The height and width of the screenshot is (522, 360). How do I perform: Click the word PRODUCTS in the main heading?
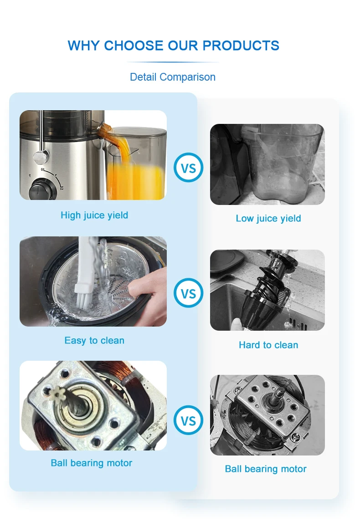(241, 46)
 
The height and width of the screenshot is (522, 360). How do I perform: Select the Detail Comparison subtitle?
(173, 77)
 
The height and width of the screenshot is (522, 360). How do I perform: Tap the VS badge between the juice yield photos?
(188, 168)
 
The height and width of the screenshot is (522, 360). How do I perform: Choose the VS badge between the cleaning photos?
(188, 293)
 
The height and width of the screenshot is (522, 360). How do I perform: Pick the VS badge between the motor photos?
(188, 420)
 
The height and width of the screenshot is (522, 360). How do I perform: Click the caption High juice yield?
(94, 215)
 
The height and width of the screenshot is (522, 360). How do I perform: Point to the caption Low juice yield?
(268, 218)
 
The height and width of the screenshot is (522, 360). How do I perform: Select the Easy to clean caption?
(94, 340)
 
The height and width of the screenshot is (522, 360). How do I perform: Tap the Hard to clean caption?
(268, 345)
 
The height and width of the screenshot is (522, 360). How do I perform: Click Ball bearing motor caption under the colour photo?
(92, 463)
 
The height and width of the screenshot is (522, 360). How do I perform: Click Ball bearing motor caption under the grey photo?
(266, 469)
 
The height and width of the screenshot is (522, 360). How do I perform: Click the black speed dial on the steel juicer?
(39, 189)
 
